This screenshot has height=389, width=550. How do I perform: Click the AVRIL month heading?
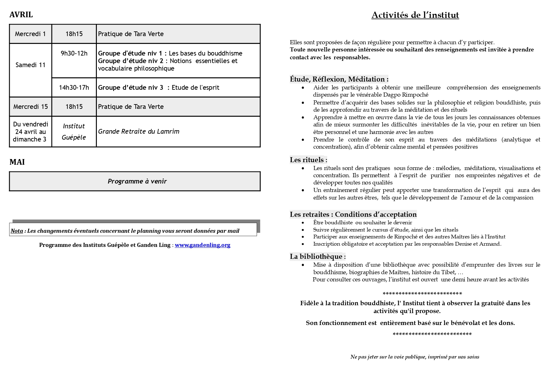point(21,15)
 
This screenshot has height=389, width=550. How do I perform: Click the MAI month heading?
point(17,162)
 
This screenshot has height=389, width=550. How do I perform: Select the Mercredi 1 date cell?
point(30,34)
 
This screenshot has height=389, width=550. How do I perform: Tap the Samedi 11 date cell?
point(30,65)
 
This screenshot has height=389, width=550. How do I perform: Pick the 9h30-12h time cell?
point(74,53)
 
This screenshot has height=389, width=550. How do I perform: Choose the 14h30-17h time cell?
point(74,88)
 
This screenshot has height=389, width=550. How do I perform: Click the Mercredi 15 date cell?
point(30,107)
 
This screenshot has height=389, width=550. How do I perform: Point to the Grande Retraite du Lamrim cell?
point(139,131)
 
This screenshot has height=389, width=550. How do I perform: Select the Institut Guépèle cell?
point(74,132)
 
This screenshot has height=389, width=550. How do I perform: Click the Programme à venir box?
point(137,181)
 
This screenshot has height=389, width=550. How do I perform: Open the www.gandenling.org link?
point(202,245)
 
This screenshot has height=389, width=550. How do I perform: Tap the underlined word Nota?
point(17,231)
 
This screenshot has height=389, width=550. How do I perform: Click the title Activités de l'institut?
point(415,15)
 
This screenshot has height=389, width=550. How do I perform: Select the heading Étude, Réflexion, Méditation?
point(339,79)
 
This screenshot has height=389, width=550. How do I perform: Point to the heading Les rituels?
point(308,160)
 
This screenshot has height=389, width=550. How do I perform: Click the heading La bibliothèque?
point(317,256)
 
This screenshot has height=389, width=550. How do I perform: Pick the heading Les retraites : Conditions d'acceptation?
point(353,214)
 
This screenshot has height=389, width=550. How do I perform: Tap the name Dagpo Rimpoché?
point(409,95)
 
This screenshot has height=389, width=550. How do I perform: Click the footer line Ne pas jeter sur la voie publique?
point(415,357)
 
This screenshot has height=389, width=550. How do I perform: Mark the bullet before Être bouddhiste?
point(303,222)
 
